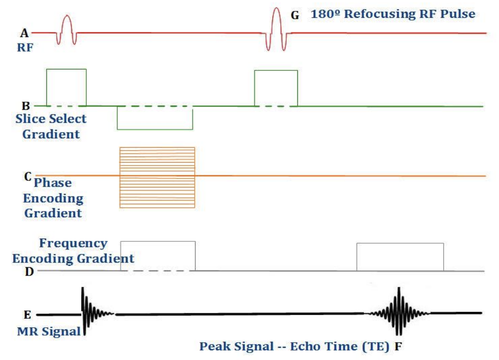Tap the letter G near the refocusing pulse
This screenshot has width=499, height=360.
tap(295, 15)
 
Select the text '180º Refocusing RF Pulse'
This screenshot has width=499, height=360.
tap(393, 14)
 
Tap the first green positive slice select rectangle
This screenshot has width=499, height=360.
tap(66, 87)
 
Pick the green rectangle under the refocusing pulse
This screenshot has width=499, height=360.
tap(276, 88)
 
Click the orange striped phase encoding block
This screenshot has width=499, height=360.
tap(157, 177)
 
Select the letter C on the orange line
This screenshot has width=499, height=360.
tap(28, 177)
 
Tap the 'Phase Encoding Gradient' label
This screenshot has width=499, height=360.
tap(53, 198)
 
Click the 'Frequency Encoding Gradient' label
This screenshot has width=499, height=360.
tap(73, 251)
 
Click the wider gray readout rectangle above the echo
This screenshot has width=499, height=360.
tap(400, 257)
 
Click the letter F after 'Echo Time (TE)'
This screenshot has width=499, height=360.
tap(399, 347)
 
